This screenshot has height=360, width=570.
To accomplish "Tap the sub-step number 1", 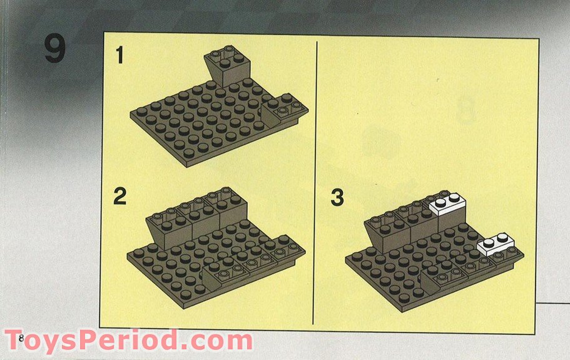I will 120,56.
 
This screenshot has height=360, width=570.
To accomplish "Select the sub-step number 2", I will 120,197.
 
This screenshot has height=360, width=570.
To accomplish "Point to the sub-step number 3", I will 337,198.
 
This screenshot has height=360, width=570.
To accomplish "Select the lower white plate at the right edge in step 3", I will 496,244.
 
